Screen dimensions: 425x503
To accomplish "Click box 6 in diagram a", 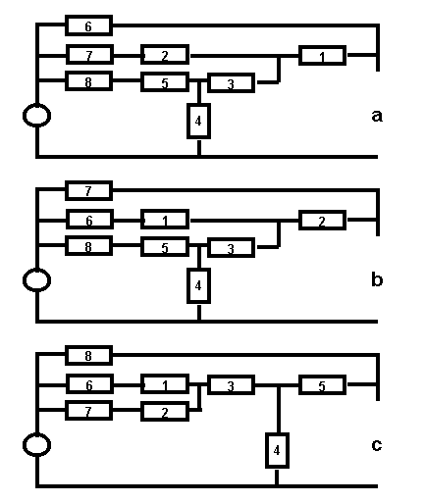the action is [88, 25].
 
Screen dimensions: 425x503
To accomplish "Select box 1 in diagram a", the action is [322, 56].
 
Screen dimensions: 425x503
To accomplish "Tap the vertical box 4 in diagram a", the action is [198, 121].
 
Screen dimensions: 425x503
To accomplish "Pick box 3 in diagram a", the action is [231, 83].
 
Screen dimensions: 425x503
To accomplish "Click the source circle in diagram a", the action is [36, 116].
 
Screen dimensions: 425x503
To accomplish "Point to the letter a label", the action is [377, 116].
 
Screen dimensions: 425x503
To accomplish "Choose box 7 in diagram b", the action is [88, 190].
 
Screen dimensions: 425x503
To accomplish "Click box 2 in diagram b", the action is [322, 221].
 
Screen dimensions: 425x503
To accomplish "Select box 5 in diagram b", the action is [165, 247].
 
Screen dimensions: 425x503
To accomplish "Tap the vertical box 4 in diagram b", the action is [198, 285].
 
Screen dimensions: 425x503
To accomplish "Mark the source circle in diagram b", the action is [36, 280].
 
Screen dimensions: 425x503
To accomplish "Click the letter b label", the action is [377, 279].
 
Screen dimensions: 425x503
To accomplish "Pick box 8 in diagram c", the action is [88, 355].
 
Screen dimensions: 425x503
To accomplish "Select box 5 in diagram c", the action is [322, 385].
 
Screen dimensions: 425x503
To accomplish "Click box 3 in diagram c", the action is [231, 385].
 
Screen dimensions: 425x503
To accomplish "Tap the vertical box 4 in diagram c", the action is [277, 450].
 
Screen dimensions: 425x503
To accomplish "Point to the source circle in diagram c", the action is [36, 445].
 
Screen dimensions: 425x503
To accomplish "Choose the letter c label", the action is [377, 445].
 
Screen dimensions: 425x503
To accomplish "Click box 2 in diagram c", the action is [165, 412].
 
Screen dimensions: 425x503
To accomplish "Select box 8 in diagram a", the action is [88, 81].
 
